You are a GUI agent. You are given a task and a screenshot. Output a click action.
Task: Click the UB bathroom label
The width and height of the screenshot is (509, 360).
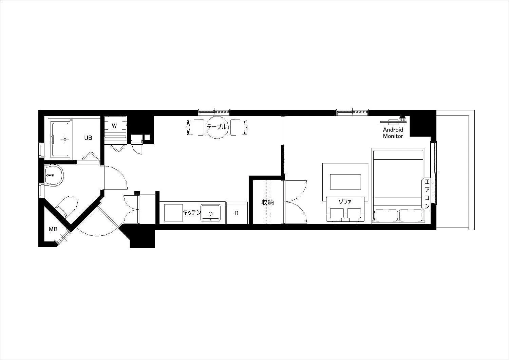pyautogui.click(x=88, y=138)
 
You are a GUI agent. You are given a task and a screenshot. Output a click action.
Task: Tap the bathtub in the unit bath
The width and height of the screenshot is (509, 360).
pyautogui.click(x=61, y=139)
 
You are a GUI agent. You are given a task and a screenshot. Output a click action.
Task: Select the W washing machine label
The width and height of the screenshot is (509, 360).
pyautogui.click(x=114, y=126)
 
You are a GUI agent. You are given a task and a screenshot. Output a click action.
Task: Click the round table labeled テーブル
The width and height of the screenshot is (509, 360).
pyautogui.click(x=217, y=127)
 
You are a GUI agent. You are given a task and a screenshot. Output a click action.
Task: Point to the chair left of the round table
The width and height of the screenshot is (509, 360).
pyautogui.click(x=196, y=127)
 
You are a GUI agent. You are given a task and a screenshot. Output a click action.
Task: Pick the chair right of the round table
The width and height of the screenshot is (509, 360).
pyautogui.click(x=239, y=127)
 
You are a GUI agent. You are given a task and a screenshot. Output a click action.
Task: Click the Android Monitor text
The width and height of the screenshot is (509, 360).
pyautogui.click(x=393, y=133)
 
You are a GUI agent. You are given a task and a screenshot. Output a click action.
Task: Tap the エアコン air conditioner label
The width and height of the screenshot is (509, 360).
pyautogui.click(x=427, y=194)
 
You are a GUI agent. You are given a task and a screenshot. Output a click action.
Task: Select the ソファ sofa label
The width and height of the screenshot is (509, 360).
pyautogui.click(x=345, y=202)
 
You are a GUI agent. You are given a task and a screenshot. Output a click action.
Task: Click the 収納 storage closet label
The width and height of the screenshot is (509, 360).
pyautogui.click(x=267, y=202)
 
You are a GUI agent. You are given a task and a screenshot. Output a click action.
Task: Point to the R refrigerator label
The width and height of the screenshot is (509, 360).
pyautogui.click(x=236, y=213)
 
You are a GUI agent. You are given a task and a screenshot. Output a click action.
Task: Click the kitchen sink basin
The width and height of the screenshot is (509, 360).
pyautogui.click(x=210, y=213)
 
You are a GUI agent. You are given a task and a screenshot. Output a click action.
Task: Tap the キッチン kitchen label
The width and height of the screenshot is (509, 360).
pyautogui.click(x=192, y=212)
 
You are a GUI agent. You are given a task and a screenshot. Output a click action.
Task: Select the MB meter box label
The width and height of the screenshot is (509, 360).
pyautogui.click(x=53, y=229)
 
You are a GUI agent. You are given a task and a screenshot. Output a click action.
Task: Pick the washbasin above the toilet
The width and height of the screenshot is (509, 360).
pyautogui.click(x=54, y=176)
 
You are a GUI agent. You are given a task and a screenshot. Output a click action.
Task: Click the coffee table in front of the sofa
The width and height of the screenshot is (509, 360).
pyautogui.click(x=345, y=182)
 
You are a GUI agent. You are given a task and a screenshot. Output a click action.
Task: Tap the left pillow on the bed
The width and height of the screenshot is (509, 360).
pyautogui.click(x=386, y=215)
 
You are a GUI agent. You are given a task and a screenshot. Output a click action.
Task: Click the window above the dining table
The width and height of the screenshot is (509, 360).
pyautogui.click(x=214, y=112)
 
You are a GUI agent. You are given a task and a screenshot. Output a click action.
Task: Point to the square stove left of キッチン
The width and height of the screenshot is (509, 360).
pyautogui.click(x=173, y=213)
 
